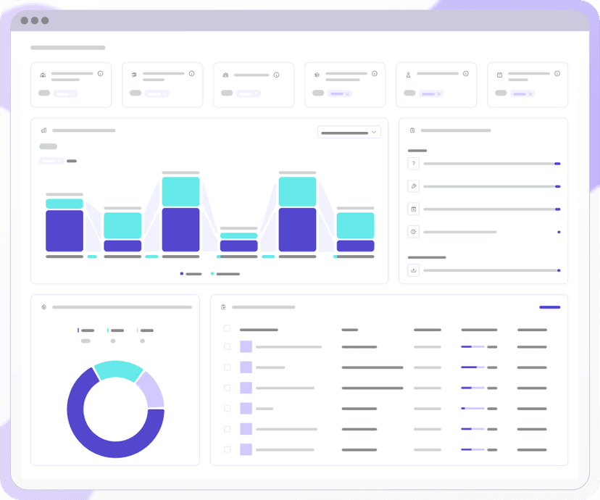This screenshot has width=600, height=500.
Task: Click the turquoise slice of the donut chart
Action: [x=117, y=370]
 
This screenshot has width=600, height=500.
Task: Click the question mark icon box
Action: [x=414, y=164]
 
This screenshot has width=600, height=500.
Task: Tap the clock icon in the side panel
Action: [x=414, y=232]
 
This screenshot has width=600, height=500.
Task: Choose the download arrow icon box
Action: [x=414, y=270]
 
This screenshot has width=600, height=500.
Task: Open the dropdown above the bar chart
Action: [x=349, y=132]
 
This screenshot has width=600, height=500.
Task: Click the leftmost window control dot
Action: [x=24, y=20]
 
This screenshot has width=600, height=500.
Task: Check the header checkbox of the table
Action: [x=227, y=329]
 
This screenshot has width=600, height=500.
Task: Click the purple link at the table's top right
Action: [x=549, y=307]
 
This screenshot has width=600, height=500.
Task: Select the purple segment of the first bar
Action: [x=64, y=230]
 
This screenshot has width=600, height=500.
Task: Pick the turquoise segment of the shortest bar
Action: [x=239, y=236]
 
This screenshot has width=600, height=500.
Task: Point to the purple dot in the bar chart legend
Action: [x=182, y=274]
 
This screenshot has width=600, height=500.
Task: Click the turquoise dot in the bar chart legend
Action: [x=212, y=274]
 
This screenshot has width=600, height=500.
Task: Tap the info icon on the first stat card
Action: [x=101, y=74]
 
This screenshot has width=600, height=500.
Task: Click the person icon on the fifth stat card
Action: [x=409, y=75]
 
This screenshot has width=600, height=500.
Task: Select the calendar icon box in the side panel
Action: [x=414, y=209]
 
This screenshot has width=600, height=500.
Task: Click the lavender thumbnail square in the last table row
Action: [x=246, y=449]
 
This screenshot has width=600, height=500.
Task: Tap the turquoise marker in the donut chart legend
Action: [x=108, y=330]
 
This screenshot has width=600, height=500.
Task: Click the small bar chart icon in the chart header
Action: [x=44, y=130]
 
